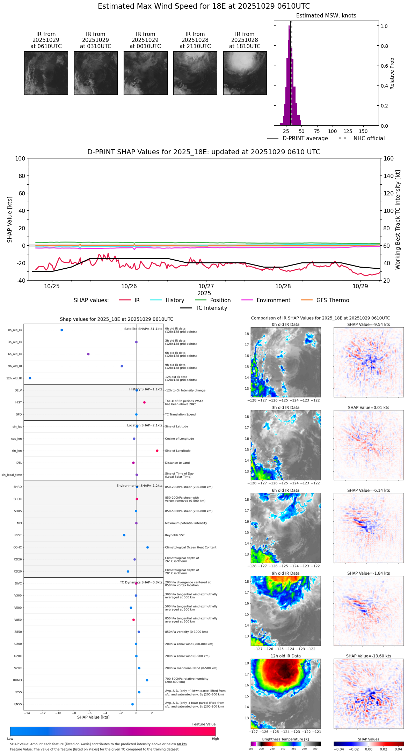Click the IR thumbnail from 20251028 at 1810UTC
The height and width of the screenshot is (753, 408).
click(x=245, y=73)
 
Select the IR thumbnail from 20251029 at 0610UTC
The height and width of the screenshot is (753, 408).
click(x=46, y=73)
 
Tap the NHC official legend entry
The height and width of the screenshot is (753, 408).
click(x=369, y=139)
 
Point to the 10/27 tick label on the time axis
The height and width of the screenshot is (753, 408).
click(x=206, y=286)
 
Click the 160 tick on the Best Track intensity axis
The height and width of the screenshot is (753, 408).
click(x=388, y=158)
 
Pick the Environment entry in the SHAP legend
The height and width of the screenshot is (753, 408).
click(x=273, y=300)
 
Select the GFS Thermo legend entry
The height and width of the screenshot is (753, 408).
click(x=333, y=300)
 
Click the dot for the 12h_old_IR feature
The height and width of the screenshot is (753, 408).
click(x=30, y=378)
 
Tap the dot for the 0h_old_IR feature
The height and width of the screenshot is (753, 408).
click(x=62, y=330)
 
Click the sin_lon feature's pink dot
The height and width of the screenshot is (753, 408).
click(x=157, y=451)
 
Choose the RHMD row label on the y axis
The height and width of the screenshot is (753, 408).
click(x=17, y=680)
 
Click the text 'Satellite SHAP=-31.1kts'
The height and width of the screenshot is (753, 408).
click(x=143, y=329)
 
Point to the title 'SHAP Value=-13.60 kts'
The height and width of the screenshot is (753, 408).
click(x=369, y=656)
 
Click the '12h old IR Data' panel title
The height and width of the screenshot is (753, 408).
click(x=285, y=656)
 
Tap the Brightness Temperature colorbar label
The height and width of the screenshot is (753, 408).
click(x=285, y=739)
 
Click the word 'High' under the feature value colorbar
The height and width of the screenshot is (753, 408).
click(x=215, y=739)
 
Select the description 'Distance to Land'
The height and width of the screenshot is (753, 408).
click(x=177, y=463)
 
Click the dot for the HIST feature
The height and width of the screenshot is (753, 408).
click(x=144, y=403)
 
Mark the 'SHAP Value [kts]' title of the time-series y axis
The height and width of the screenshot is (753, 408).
click(x=10, y=219)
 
